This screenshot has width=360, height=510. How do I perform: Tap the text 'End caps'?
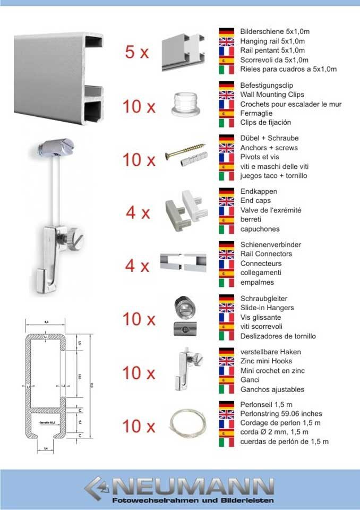[255, 201]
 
